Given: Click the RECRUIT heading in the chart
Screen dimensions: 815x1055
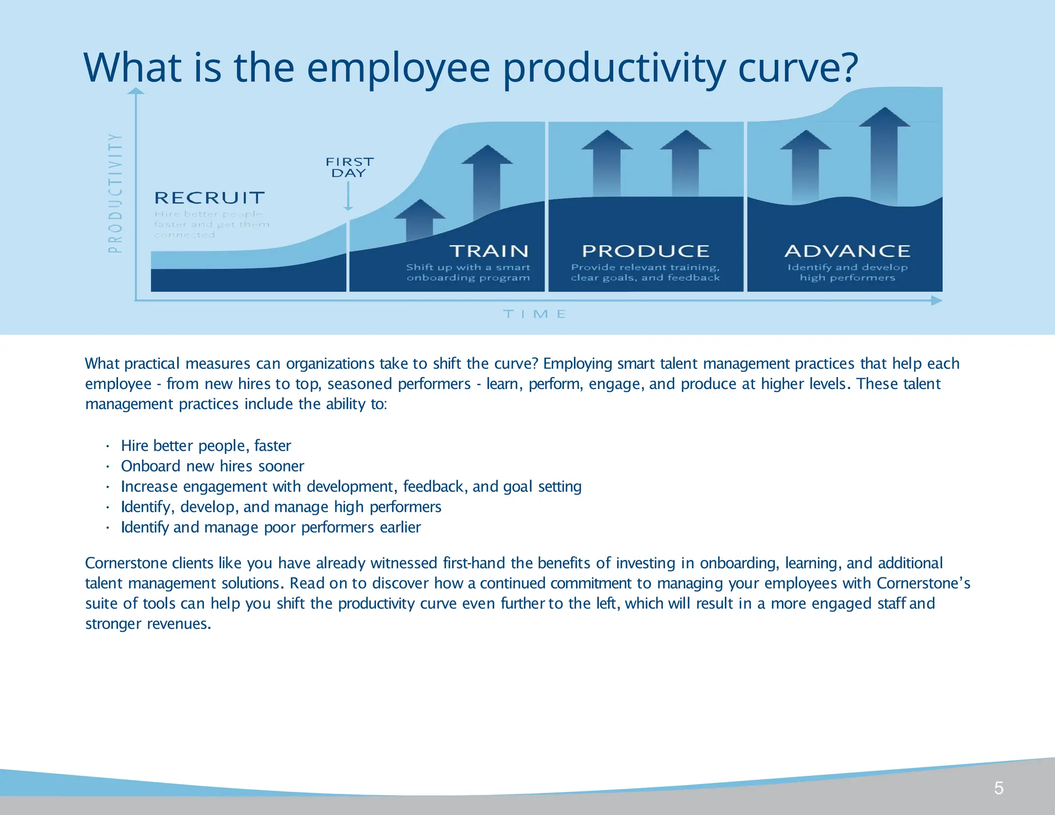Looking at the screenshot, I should [209, 198].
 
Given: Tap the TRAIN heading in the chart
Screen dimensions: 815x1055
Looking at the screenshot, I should [489, 251].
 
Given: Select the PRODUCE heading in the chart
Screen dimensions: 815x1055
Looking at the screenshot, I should [645, 251].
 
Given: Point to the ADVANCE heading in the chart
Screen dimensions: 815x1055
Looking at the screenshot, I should [847, 251].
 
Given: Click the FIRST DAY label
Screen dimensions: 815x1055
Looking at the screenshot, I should [349, 167].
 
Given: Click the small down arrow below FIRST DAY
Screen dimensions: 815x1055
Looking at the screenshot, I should [348, 197].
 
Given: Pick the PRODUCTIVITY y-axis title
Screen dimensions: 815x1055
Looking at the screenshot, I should [115, 193].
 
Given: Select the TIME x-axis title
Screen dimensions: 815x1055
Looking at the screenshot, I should [535, 314].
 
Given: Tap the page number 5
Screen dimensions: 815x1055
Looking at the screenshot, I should [998, 788].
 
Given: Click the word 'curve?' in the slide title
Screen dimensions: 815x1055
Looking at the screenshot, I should [798, 67].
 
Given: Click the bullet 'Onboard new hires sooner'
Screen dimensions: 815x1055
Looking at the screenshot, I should [212, 466].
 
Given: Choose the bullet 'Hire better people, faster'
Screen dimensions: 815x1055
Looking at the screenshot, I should [206, 446].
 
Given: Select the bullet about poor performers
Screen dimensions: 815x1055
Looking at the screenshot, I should [271, 528].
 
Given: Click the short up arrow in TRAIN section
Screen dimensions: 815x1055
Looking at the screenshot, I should [420, 219].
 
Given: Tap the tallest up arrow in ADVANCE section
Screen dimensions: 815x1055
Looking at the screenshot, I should [884, 155].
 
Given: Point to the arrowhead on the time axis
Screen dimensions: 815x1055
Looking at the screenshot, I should [937, 301].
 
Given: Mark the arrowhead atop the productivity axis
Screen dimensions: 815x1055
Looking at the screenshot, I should [136, 91].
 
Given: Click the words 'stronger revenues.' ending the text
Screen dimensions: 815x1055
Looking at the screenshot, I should [148, 624].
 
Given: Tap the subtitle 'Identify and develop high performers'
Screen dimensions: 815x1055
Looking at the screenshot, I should [847, 273].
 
